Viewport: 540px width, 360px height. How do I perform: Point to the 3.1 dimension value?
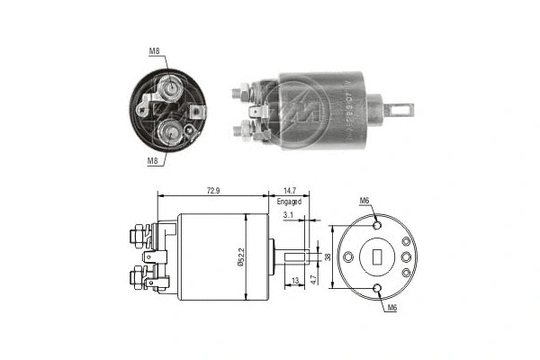point(286,217)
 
